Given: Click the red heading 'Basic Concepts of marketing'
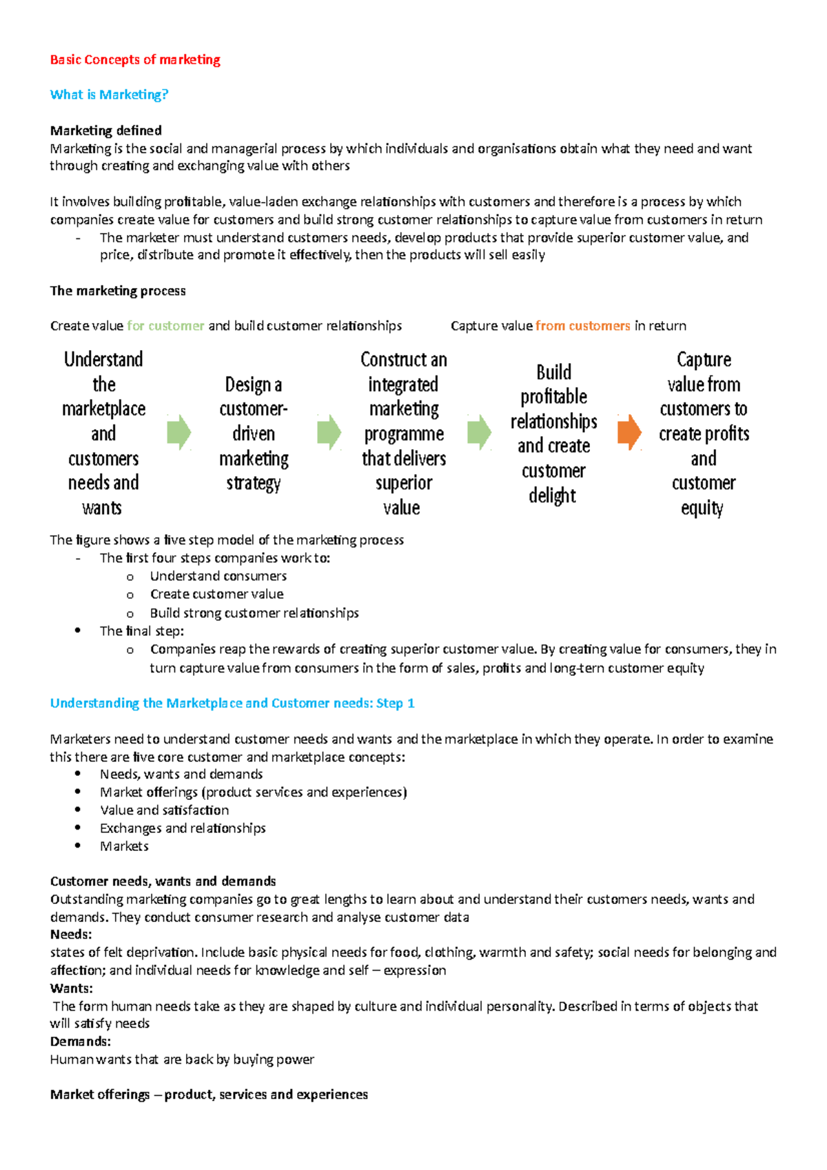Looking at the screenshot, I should pos(135,60).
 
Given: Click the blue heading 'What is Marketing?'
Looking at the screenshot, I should pos(109,95).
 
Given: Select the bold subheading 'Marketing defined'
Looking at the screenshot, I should pos(105,131).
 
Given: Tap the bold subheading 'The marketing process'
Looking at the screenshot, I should pos(118,291).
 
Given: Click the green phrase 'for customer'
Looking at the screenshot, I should pos(165,326).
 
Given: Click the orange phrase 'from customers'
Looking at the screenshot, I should pos(582,326).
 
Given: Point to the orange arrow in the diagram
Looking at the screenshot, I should pos(629,433).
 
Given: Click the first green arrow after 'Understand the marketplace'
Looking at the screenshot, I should pos(178,433).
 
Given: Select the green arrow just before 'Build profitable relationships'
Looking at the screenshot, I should pos(479,433).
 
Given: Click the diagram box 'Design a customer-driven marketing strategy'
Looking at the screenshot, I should pos(254,433).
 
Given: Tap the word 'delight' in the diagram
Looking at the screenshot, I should pos(553,495).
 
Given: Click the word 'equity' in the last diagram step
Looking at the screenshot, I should pos(702,509).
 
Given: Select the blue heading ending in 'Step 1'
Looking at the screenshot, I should pos(232,704).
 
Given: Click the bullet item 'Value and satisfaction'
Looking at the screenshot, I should pos(164,810).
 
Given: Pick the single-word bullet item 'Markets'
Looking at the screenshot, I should pos(124,846).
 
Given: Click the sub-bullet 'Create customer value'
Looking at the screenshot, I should pos(216,594).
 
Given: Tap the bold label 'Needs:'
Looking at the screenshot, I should pos(71,935).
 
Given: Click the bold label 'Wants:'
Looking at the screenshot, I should pos(71,988).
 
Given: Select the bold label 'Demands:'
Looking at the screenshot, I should pos(80,1041).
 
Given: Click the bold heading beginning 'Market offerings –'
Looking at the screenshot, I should pos(209,1095).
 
